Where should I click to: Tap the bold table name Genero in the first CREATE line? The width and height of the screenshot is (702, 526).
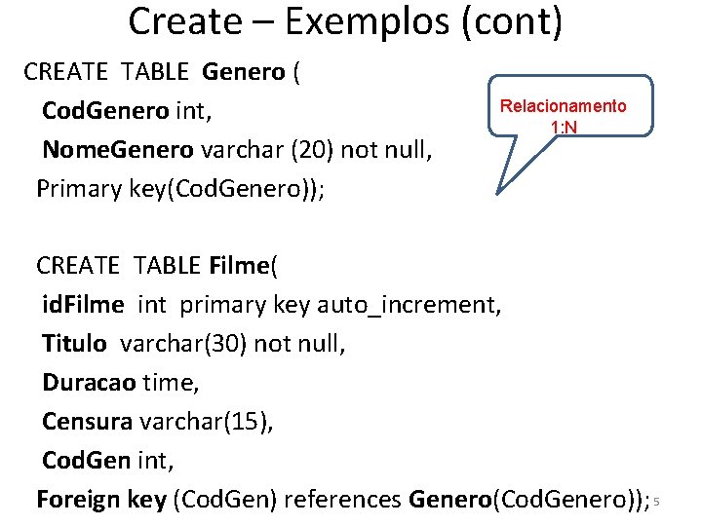point(244,72)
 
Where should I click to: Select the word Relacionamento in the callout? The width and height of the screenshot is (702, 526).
point(564,106)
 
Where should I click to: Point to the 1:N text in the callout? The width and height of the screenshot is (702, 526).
point(565,127)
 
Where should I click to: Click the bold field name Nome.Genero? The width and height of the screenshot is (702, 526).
point(118,150)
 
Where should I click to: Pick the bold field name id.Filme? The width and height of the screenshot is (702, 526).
point(83,305)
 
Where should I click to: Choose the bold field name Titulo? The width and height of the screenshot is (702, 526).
point(76,344)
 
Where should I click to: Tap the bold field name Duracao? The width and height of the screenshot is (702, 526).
point(88,383)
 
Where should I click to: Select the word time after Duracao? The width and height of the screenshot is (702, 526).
point(170,383)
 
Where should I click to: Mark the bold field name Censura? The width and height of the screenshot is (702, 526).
point(87,422)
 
